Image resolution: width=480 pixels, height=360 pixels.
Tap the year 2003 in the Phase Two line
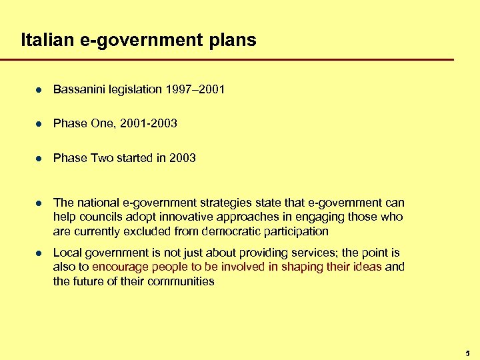coord(182,158)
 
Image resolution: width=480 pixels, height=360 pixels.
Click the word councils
coord(100,217)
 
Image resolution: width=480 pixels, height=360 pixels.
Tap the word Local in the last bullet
coord(67,253)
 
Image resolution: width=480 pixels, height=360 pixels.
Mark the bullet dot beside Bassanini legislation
coord(39,89)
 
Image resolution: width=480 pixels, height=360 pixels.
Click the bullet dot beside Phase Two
coord(39,159)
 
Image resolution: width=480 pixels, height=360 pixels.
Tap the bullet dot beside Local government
coord(39,253)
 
